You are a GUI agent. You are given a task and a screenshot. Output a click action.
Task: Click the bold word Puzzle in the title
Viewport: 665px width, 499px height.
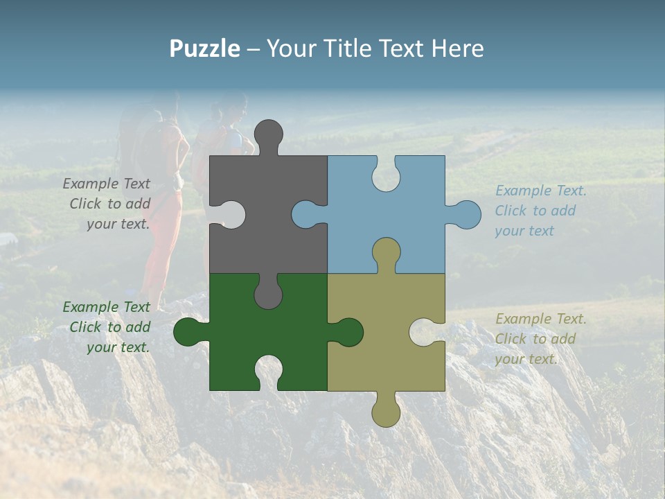205,49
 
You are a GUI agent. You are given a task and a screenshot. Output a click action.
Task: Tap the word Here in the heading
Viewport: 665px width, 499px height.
457,49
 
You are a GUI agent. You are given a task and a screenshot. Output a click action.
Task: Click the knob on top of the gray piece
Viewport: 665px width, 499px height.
268,134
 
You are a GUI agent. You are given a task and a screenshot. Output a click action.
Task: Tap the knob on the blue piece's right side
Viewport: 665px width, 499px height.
468,215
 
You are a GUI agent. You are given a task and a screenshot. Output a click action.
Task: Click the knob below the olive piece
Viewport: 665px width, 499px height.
386,413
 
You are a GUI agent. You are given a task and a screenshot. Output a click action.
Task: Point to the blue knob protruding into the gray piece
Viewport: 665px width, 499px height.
305,214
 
